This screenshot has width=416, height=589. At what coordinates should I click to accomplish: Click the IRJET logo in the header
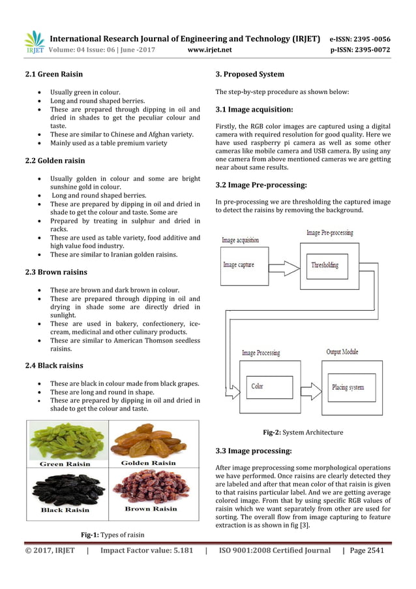point(34,42)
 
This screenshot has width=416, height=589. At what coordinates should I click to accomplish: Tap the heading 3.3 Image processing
point(253,451)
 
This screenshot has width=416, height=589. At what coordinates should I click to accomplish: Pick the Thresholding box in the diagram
point(325,265)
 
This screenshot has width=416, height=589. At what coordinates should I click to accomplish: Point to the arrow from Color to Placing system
point(311,390)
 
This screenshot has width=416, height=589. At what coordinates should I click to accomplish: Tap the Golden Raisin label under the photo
point(149,463)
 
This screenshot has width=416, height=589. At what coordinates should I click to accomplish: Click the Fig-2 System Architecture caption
point(303,432)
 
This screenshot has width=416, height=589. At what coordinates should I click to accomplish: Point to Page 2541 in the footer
point(366,550)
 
